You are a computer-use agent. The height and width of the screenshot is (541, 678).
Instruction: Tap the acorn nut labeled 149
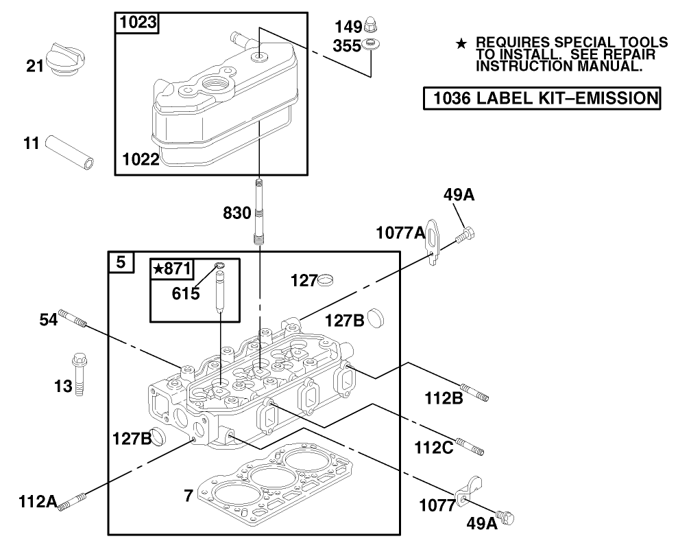coord(372,27)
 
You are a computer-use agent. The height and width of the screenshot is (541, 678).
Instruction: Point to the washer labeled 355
coord(372,45)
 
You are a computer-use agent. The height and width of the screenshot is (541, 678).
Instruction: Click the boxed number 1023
coord(136,23)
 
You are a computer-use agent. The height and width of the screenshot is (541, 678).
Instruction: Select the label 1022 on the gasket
coord(141,160)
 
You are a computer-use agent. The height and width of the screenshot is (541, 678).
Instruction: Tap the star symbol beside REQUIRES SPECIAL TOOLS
coord(461,45)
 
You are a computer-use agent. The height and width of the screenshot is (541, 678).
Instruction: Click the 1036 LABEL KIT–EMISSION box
coord(541,98)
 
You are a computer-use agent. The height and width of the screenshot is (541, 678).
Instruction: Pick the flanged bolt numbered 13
coord(77,375)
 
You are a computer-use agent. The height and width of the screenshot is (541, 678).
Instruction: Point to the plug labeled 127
coord(327,279)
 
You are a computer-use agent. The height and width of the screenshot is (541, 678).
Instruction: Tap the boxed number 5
coord(121,262)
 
